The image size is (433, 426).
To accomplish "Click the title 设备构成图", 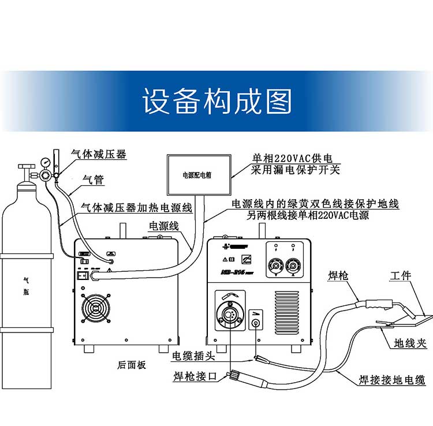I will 217,102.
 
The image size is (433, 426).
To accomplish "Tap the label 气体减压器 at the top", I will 98,154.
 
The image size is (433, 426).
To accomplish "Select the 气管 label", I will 94,180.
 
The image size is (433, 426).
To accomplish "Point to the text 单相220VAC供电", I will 294,158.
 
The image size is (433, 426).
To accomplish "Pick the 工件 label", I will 400,275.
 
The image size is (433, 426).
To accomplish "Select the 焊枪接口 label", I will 195,377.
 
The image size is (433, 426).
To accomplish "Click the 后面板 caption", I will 132,365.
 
